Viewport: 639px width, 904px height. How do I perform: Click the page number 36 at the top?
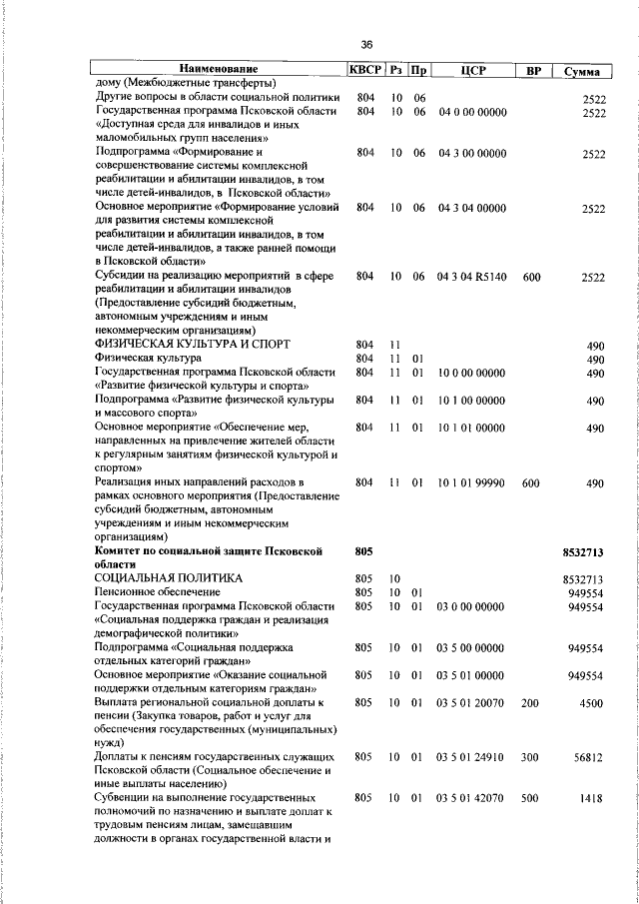click(366, 45)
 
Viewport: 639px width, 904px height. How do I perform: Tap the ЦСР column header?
click(472, 70)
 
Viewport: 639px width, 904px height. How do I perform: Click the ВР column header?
click(532, 70)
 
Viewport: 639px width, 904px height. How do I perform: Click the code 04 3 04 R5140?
click(471, 276)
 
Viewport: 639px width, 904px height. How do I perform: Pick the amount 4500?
click(592, 702)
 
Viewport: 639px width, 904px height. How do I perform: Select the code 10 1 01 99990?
click(471, 482)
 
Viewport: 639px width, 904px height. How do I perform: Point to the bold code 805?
click(363, 551)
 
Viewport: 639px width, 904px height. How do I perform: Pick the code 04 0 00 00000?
click(471, 112)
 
